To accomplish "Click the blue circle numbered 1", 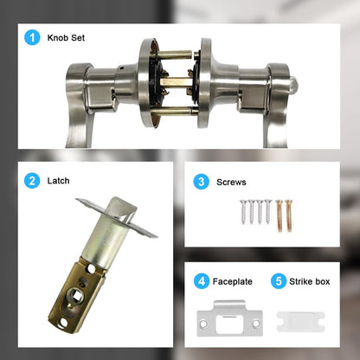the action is (32, 37).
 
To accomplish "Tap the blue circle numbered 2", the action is (32, 181).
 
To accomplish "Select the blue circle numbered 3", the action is (201, 182).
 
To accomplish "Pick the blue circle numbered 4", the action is (202, 281).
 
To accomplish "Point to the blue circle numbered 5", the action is (279, 281).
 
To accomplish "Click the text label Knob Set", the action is (66, 38).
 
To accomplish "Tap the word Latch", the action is (58, 181).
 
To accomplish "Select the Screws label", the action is (231, 182).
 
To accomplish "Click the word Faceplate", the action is (233, 281).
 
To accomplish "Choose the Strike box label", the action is (310, 281).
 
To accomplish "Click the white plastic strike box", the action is (301, 322).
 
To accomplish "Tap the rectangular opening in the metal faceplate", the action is (230, 324).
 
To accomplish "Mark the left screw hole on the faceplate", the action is (203, 324).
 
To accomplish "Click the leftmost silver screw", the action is (243, 212).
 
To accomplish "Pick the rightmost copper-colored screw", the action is (288, 215).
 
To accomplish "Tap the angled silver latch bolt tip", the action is (124, 210).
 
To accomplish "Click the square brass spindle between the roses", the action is (176, 82).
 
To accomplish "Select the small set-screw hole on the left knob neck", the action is (122, 68).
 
